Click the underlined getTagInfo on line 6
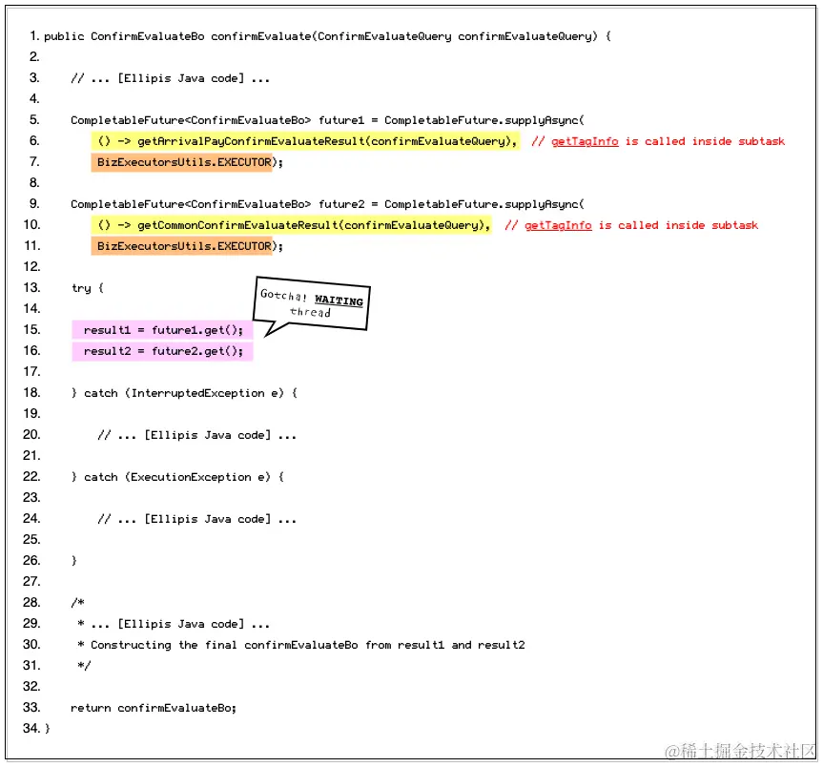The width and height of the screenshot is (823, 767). [x=585, y=141]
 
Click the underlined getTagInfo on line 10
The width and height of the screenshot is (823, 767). [x=558, y=225]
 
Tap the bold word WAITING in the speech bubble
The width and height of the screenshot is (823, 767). [x=339, y=301]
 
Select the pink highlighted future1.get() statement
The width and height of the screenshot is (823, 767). [x=163, y=330]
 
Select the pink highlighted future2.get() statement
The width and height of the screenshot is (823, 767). [x=163, y=351]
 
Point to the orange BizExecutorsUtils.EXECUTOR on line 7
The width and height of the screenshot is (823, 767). [x=184, y=162]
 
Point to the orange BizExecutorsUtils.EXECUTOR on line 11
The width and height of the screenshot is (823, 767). [x=184, y=246]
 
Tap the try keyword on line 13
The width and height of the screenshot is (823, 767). [x=81, y=288]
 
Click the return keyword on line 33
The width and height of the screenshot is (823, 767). [x=91, y=708]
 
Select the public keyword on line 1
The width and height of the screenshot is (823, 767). [x=64, y=36]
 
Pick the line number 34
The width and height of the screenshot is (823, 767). [x=32, y=729]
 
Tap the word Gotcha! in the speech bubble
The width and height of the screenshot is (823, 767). [x=284, y=295]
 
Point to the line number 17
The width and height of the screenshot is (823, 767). [x=32, y=372]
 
